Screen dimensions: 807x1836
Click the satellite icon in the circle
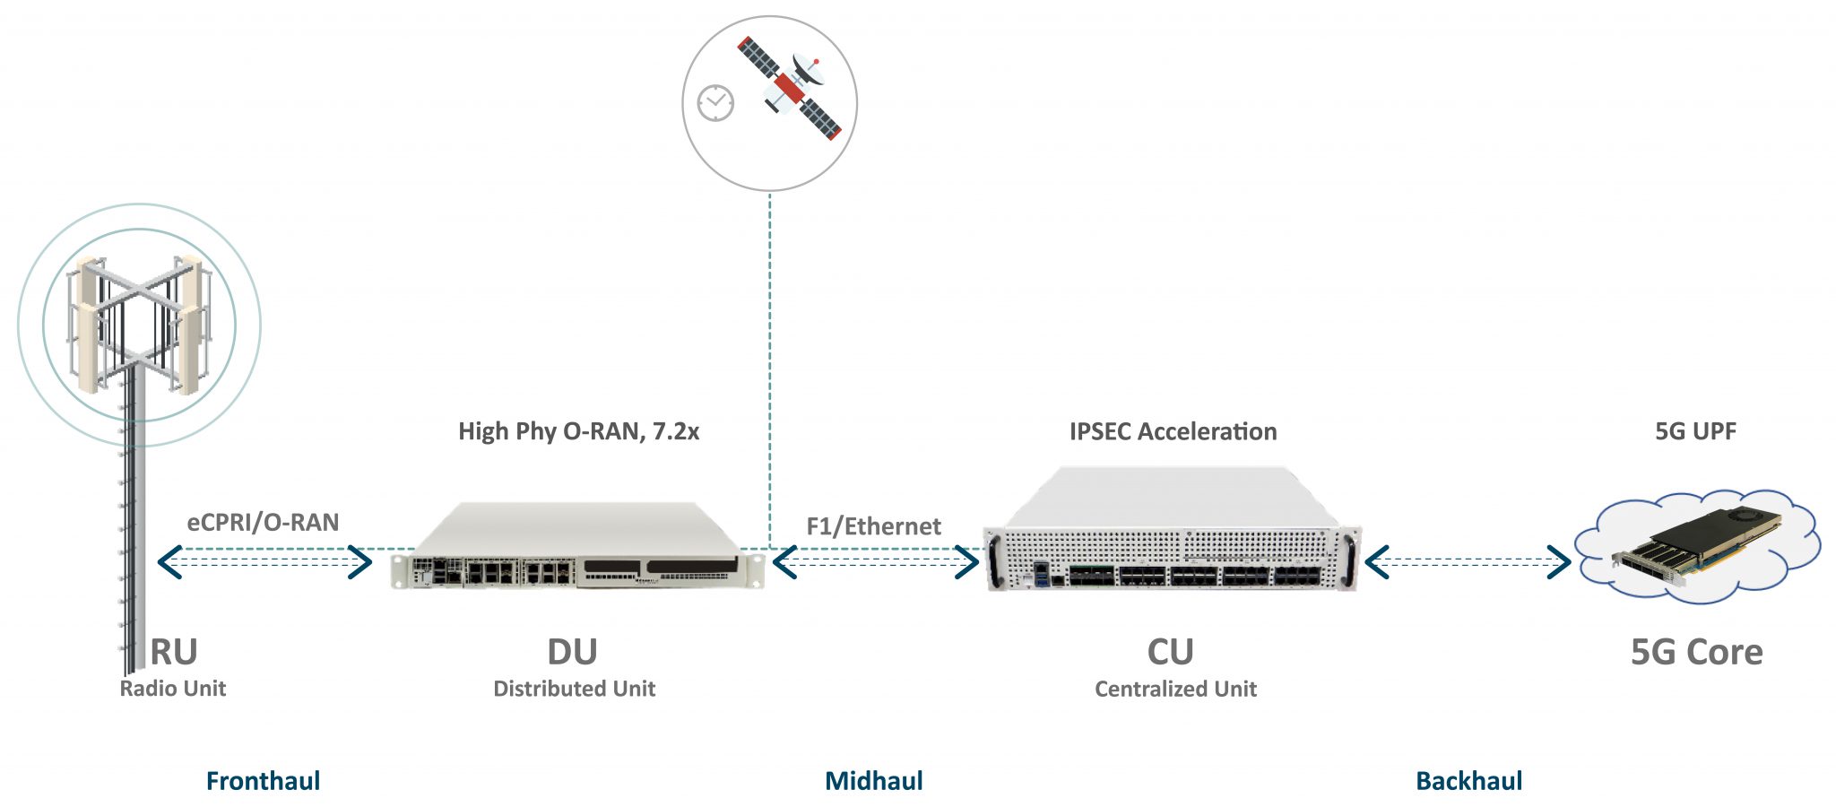pyautogui.click(x=790, y=88)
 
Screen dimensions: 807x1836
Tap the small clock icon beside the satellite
pyautogui.click(x=715, y=103)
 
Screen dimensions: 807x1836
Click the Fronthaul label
pyautogui.click(x=263, y=781)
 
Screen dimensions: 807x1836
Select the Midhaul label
pyautogui.click(x=873, y=781)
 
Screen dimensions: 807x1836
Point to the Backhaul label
pyautogui.click(x=1468, y=781)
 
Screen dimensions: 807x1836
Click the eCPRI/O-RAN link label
pyautogui.click(x=263, y=523)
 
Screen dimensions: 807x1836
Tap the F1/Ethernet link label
pyautogui.click(x=873, y=526)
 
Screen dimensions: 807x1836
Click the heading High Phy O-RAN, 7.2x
pyautogui.click(x=578, y=431)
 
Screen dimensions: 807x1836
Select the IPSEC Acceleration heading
pyautogui.click(x=1173, y=431)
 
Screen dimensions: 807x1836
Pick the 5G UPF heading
pyautogui.click(x=1695, y=431)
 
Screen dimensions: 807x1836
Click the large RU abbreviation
pyautogui.click(x=174, y=652)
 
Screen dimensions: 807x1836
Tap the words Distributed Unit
pyautogui.click(x=574, y=689)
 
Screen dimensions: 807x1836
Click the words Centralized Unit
pyautogui.click(x=1175, y=689)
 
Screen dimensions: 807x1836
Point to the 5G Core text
pyautogui.click(x=1696, y=652)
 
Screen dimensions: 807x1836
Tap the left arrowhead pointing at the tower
pyautogui.click(x=168, y=562)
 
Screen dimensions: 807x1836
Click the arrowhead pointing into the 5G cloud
pyautogui.click(x=1560, y=562)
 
